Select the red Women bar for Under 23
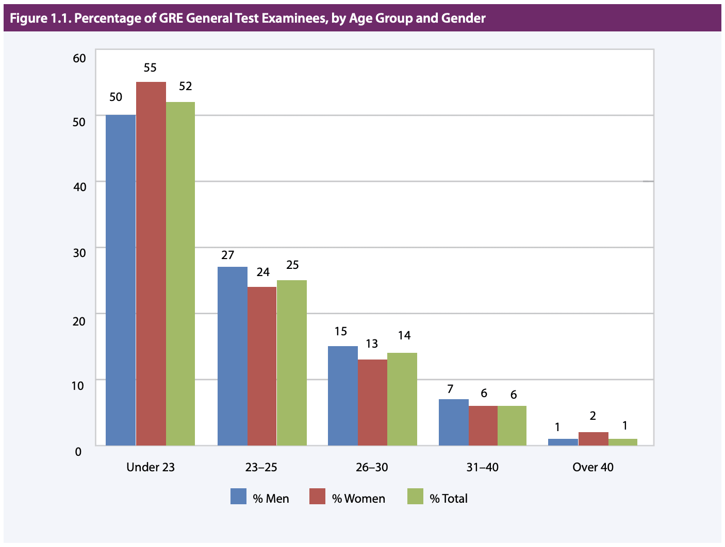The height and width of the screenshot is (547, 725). (151, 263)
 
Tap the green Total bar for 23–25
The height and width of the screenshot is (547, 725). (292, 363)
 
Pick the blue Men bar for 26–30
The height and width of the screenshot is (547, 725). (343, 396)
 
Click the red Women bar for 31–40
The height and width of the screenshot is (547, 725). (483, 425)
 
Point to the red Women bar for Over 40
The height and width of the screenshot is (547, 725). (593, 439)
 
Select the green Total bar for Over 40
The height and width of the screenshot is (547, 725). (623, 442)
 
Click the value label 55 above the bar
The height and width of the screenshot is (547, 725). (150, 67)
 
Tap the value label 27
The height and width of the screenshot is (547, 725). (227, 255)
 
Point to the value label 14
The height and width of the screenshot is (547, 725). (404, 335)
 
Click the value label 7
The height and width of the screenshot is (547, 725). (450, 389)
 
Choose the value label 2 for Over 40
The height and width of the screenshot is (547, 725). (593, 416)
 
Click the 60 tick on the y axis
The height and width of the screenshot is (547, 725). (79, 58)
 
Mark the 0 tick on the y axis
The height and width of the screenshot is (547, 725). (78, 452)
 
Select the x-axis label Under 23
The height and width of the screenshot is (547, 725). (151, 467)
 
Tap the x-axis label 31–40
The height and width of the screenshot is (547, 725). (483, 467)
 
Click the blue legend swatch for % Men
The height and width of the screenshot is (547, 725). (238, 496)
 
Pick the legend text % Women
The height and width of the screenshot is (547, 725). (358, 499)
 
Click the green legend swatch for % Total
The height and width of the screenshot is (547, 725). (415, 496)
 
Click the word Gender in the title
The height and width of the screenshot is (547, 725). (463, 19)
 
